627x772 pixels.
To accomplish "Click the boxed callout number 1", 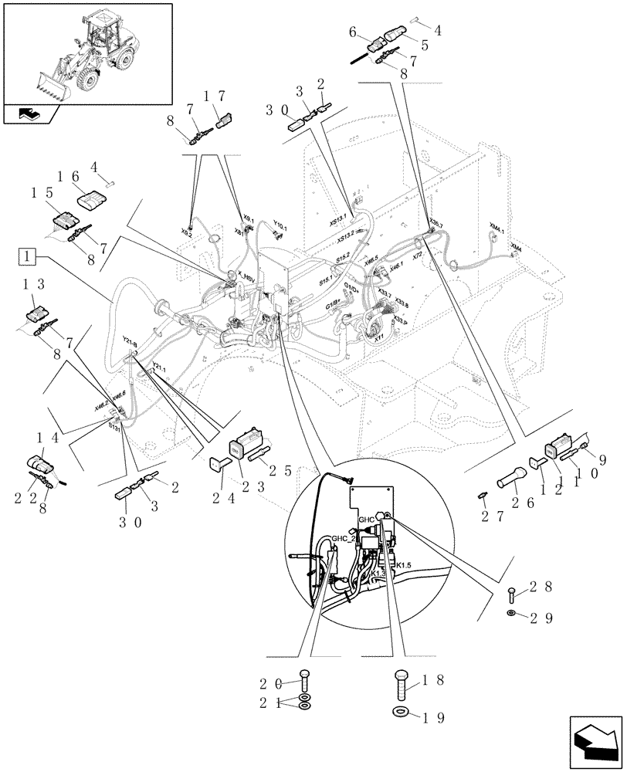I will point(26,255).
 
